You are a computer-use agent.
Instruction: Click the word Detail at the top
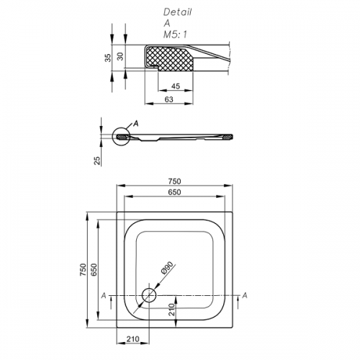coord(177,12)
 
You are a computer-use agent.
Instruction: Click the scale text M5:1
coord(175,35)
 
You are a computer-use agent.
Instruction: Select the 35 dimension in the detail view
coord(108,58)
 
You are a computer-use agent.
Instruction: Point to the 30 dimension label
coord(121,56)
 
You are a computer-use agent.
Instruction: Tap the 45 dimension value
coord(176,86)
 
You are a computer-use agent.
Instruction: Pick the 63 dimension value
coord(169,99)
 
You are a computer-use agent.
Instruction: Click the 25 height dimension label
coord(97,161)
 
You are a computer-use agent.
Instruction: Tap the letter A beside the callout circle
coord(136,124)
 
